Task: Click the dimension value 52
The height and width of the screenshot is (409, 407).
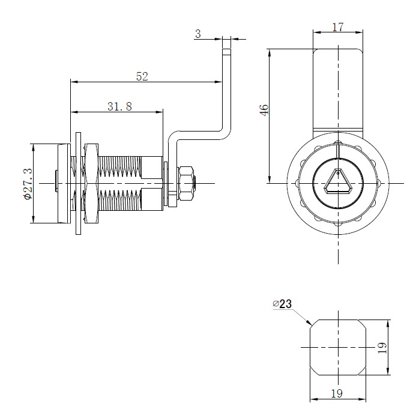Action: [142, 76]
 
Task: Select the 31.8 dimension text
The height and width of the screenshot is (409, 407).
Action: [119, 106]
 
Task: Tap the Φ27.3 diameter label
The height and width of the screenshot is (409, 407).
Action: [27, 183]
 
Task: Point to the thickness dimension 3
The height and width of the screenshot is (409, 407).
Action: [198, 35]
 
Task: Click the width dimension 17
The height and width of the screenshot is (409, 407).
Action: [337, 27]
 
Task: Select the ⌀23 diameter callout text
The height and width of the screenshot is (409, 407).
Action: [282, 304]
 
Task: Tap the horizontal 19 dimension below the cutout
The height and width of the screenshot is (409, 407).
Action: [336, 394]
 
